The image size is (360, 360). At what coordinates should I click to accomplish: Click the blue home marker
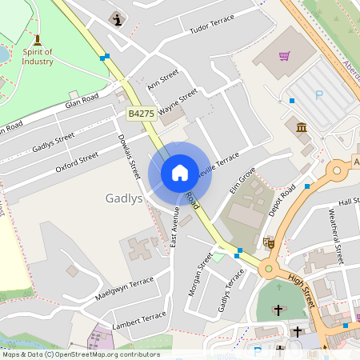[x=180, y=173]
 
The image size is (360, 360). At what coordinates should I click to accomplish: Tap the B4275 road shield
[x=140, y=115]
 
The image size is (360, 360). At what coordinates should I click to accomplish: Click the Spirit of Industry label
[x=38, y=56]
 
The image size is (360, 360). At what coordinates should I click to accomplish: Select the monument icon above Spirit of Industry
[x=37, y=39]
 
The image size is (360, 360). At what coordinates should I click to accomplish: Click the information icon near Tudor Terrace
[x=119, y=18]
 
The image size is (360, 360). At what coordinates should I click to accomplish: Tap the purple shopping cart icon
[x=284, y=56]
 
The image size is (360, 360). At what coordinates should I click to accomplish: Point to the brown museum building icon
[x=302, y=127]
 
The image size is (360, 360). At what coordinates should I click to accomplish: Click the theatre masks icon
[x=270, y=242]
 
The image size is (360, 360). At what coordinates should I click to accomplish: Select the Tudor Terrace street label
[x=212, y=24]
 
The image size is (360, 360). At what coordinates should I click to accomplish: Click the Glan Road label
[x=82, y=102]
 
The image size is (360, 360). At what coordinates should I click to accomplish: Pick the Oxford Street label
[x=77, y=162]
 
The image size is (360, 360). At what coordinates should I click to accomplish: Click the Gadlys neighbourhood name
[x=123, y=198]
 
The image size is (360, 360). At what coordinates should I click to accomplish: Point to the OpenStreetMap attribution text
[x=81, y=354]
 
